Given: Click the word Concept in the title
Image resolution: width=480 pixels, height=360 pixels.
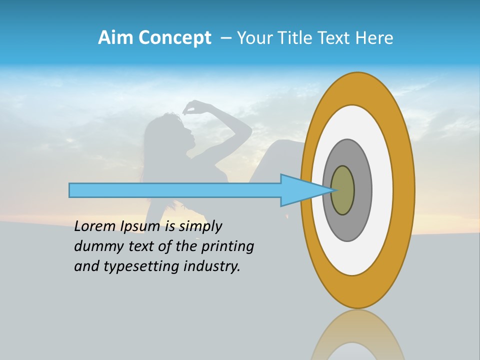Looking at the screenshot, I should click(174, 38).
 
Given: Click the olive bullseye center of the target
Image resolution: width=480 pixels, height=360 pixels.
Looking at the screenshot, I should click(342, 190).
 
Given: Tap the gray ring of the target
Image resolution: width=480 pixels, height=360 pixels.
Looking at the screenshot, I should click(362, 190).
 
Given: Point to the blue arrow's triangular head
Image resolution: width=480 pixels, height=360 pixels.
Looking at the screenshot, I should click(300, 190).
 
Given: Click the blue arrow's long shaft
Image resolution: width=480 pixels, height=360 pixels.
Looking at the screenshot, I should click(175, 190).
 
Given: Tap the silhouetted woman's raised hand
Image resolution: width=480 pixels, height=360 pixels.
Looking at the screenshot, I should click(191, 106).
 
